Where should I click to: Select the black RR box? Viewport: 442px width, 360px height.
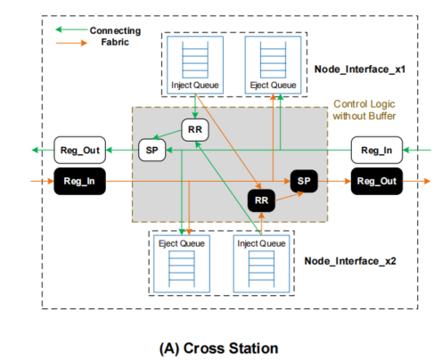(x=261, y=200)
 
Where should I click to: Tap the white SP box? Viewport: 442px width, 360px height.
(x=151, y=151)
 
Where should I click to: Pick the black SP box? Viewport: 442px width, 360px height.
(x=304, y=180)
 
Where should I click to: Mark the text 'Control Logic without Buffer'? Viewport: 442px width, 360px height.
(x=367, y=110)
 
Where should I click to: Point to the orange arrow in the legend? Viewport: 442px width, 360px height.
(x=70, y=41)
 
